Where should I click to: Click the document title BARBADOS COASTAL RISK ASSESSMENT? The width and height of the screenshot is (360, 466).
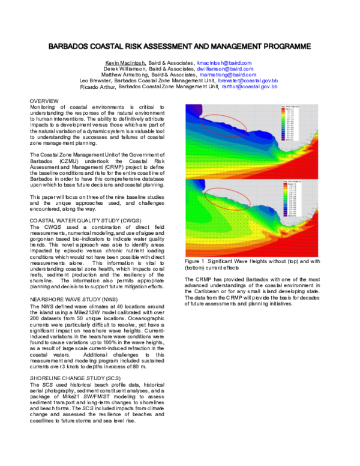point(179,46)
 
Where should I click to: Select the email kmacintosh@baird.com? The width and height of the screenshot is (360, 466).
point(224,62)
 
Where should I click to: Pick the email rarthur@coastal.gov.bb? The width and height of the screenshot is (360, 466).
point(249,86)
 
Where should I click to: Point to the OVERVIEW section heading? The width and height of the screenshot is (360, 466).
point(44,100)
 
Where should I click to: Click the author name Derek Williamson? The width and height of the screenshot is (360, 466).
point(117,68)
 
